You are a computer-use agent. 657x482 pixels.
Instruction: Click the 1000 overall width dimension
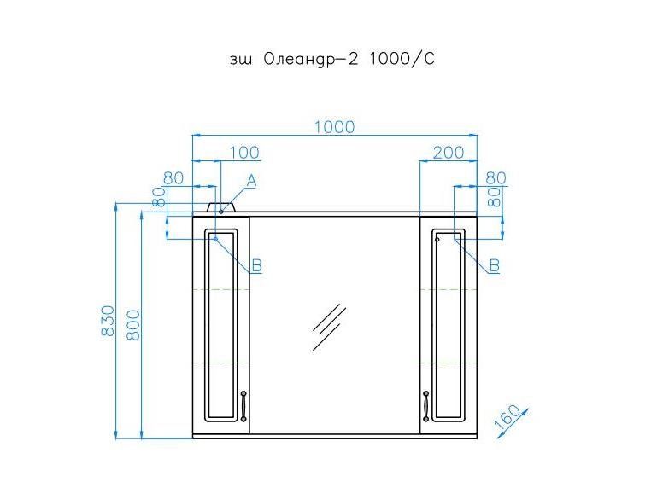tap(334, 126)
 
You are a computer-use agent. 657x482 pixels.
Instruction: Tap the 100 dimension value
tap(244, 153)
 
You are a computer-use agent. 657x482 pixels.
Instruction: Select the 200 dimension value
tap(449, 153)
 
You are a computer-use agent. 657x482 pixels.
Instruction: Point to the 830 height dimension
tap(108, 321)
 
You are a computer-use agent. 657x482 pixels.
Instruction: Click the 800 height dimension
tap(132, 325)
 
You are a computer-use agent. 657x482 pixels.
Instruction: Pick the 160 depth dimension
tap(507, 417)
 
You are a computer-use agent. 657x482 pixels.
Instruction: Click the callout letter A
tap(251, 181)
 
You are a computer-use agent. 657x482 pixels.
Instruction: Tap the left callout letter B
tap(256, 264)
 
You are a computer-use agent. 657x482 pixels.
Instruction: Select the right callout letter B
tap(495, 265)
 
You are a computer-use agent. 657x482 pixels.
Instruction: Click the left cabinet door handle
tap(243, 406)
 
